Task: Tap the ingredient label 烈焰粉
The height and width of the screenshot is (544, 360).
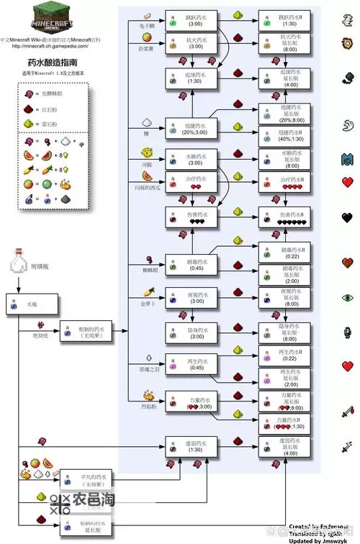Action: tap(140, 406)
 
